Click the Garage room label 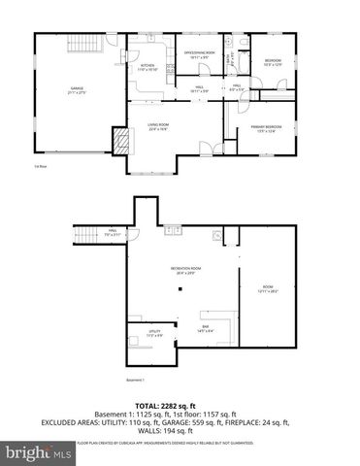click(x=76, y=90)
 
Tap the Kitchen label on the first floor click(x=147, y=67)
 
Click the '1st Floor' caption click(x=40, y=168)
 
